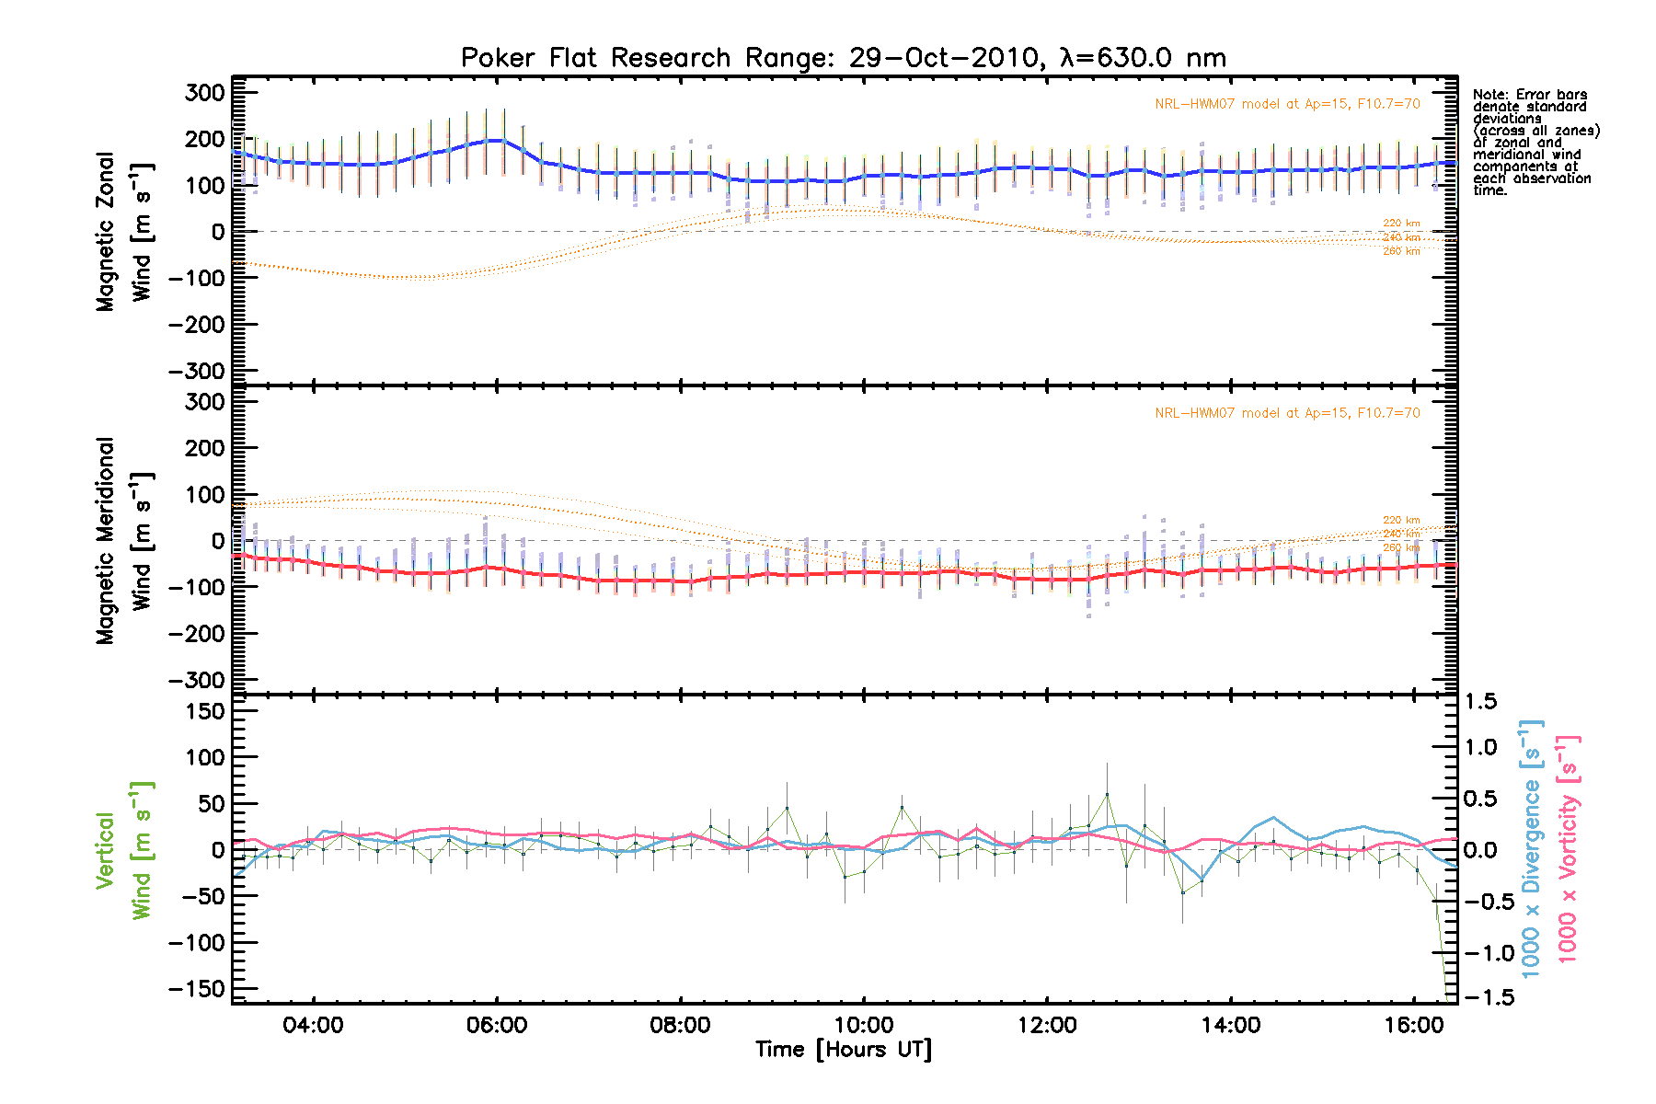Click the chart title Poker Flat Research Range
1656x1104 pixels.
(x=843, y=58)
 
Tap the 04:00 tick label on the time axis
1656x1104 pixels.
(x=313, y=1025)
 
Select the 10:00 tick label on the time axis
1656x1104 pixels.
(x=863, y=1025)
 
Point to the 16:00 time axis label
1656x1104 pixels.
(x=1413, y=1025)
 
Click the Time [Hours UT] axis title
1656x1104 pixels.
(x=843, y=1050)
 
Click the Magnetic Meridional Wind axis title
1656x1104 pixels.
(x=124, y=540)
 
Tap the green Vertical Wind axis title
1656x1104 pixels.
(x=124, y=850)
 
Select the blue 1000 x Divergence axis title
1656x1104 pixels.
(x=1531, y=848)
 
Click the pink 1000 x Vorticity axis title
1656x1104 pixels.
(x=1568, y=848)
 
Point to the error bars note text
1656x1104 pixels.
(x=1535, y=143)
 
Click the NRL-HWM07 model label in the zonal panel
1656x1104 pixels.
(x=1287, y=104)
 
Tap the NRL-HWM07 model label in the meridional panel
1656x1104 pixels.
(x=1287, y=413)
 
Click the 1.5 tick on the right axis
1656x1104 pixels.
(x=1480, y=702)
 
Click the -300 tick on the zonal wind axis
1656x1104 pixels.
(x=197, y=372)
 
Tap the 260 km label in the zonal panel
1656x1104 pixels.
(x=1401, y=251)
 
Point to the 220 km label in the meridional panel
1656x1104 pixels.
(x=1401, y=521)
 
